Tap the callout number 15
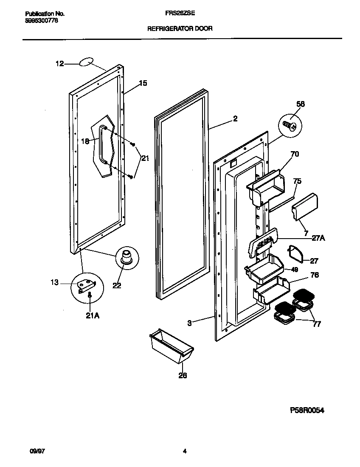pyautogui.click(x=143, y=83)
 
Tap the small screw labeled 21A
pyautogui.click(x=90, y=295)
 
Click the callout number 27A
pyautogui.click(x=318, y=238)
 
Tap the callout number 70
pyautogui.click(x=294, y=154)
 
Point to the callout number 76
pyautogui.click(x=314, y=275)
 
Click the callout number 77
pyautogui.click(x=316, y=324)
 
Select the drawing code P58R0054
pyautogui.click(x=309, y=410)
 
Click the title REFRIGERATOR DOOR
pyautogui.click(x=180, y=29)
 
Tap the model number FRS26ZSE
pyautogui.click(x=180, y=13)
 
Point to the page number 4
pyautogui.click(x=185, y=451)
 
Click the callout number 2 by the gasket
pyautogui.click(x=235, y=119)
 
